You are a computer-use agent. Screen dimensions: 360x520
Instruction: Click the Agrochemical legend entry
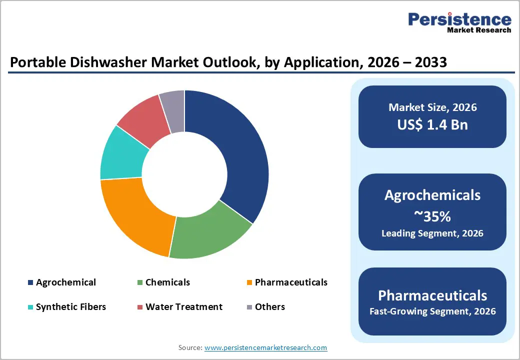coord(65,282)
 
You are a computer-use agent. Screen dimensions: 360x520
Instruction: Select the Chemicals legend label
coord(167,282)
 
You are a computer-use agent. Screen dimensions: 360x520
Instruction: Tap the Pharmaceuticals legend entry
coord(291,282)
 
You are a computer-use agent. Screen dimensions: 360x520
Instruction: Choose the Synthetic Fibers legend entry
coord(71,307)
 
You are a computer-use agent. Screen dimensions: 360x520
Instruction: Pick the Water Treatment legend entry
coord(184,307)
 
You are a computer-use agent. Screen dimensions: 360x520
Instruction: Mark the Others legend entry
coord(269,307)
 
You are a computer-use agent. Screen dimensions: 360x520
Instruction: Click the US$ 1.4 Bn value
coord(432,124)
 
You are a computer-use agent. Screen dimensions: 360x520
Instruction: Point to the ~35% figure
coord(432,216)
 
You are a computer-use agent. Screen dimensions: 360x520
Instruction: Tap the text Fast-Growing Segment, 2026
coord(432,311)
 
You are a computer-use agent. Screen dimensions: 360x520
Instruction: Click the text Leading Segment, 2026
coord(432,233)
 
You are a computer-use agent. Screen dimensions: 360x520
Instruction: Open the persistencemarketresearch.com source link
coord(265,347)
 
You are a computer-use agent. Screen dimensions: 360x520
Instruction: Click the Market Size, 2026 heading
coord(432,107)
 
